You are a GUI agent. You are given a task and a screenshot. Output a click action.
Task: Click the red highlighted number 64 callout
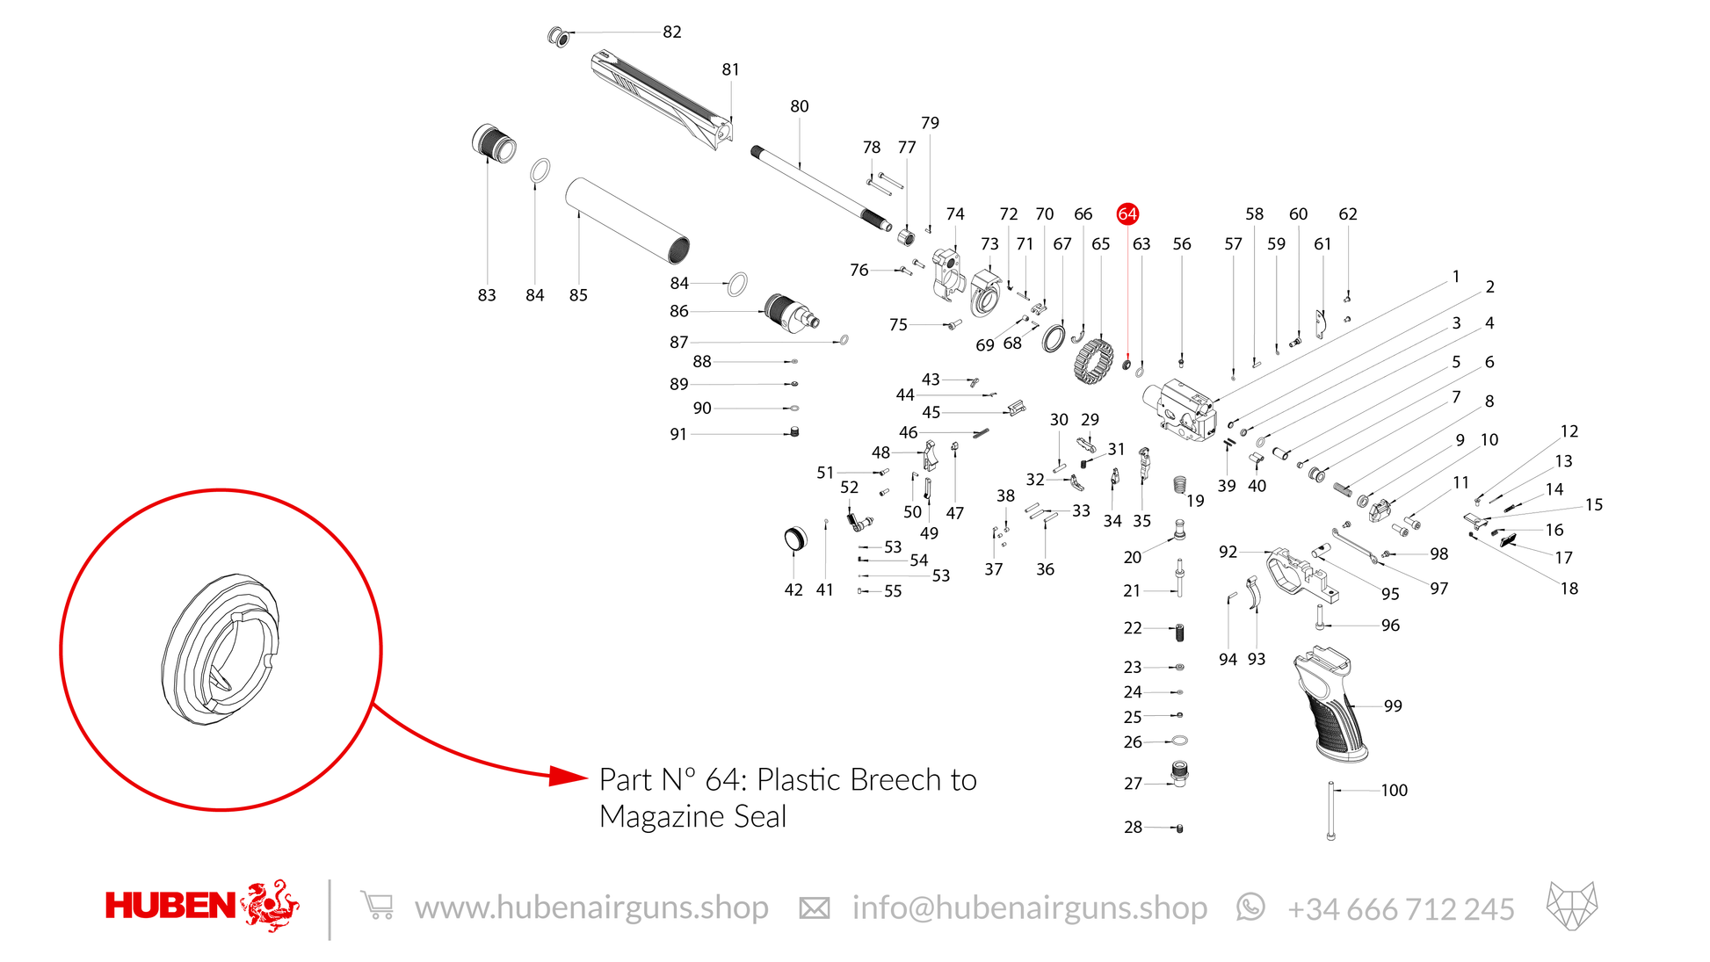pyautogui.click(x=1127, y=213)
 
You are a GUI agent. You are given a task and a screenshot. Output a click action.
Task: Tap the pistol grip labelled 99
pyautogui.click(x=1330, y=704)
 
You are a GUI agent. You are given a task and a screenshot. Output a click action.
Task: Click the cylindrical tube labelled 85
pyautogui.click(x=627, y=221)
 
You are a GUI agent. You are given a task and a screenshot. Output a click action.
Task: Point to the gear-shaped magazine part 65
pyautogui.click(x=1094, y=361)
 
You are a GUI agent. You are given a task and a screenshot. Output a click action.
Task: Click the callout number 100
pyautogui.click(x=1394, y=790)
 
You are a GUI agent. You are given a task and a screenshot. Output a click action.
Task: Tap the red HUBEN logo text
pyautogui.click(x=170, y=906)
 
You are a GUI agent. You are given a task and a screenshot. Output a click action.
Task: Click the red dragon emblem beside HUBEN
pyautogui.click(x=270, y=905)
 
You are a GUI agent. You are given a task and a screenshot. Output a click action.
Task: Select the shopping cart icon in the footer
pyautogui.click(x=377, y=905)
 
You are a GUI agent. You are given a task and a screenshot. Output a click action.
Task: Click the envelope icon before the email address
pyautogui.click(x=814, y=908)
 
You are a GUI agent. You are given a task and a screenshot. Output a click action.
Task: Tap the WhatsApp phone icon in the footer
pyautogui.click(x=1250, y=907)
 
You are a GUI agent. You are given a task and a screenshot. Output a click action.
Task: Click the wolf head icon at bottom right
pyautogui.click(x=1572, y=906)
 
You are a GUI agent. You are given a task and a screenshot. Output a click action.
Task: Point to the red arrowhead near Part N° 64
pyautogui.click(x=569, y=776)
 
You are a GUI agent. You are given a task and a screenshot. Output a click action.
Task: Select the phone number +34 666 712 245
pyautogui.click(x=1401, y=908)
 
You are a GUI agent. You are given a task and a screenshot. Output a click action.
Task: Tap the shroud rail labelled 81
pyautogui.click(x=663, y=99)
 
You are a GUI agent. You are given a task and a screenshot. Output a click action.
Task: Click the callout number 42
pyautogui.click(x=793, y=589)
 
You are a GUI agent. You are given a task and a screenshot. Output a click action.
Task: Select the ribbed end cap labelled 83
pyautogui.click(x=494, y=143)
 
